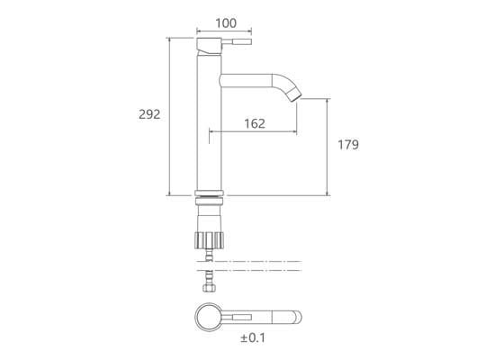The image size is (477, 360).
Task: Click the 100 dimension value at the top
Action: pos(226,23)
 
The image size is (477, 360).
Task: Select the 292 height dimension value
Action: pos(149,114)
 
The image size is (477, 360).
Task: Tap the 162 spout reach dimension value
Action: pos(255,123)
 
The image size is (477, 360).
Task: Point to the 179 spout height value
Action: pos(348,145)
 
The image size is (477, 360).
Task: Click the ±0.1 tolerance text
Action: pos(253,337)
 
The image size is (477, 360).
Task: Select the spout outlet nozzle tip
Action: pos(295,94)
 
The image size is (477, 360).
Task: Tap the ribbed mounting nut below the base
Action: pos(209,240)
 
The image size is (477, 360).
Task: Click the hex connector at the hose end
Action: pos(209,288)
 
